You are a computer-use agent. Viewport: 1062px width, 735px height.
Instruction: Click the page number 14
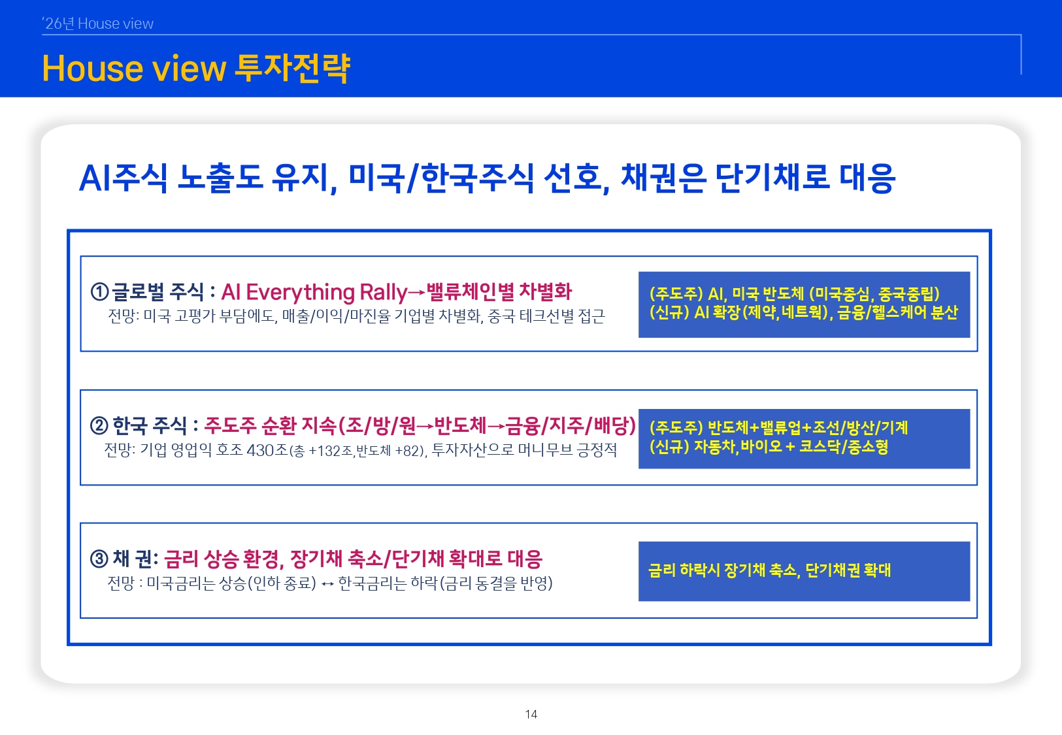coord(531,714)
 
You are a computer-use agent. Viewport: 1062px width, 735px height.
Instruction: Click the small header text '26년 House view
coord(98,24)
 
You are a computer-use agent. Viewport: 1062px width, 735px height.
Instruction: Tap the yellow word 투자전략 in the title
coord(292,69)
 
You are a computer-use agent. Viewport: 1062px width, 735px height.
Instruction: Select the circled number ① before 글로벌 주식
coord(99,292)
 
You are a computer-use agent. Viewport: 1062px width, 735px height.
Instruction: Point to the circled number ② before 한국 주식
coord(99,426)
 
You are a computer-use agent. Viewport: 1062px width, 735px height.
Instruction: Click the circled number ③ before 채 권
coord(99,559)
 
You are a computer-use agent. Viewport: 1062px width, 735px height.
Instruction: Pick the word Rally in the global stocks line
coord(383,292)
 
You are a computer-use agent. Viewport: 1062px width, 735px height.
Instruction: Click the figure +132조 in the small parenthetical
coord(331,451)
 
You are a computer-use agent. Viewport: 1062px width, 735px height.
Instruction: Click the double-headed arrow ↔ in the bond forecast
coord(327,583)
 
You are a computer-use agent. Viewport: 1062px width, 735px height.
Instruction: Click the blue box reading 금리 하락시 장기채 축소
coord(804,571)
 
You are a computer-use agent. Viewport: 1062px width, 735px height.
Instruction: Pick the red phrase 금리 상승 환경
coord(223,559)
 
